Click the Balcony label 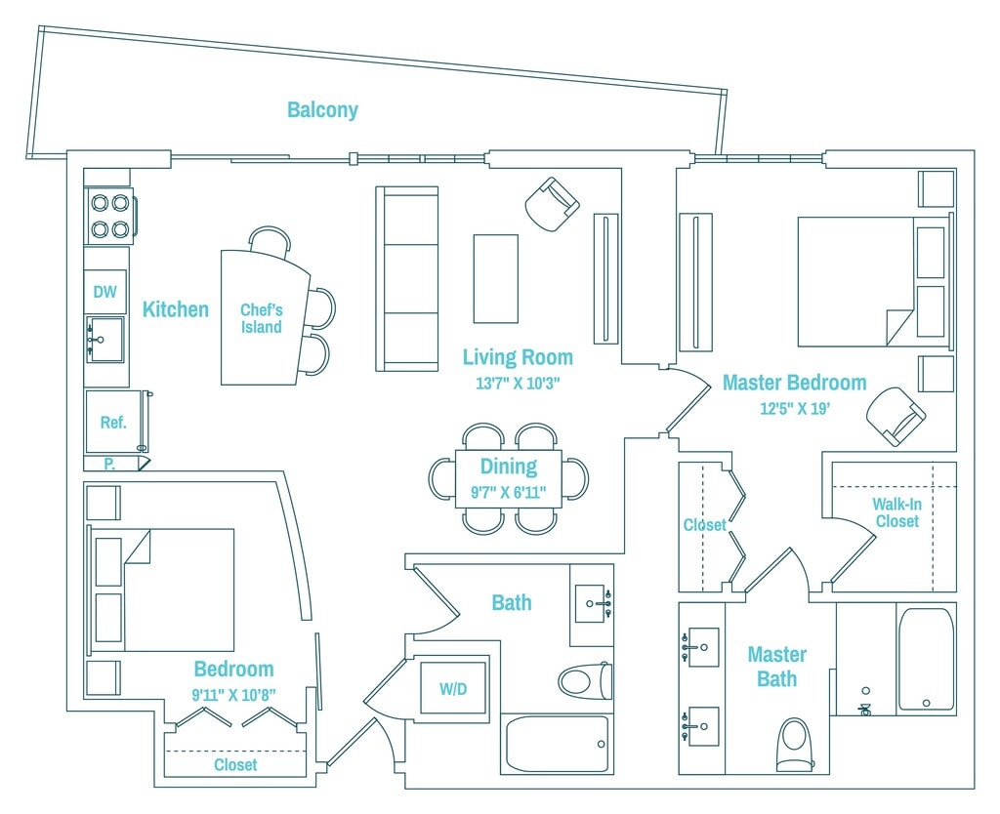click(322, 109)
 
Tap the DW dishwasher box click(105, 291)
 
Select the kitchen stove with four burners click(109, 216)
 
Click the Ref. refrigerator click(113, 422)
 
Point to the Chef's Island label click(262, 318)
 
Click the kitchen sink click(105, 339)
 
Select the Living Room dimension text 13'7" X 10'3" click(518, 384)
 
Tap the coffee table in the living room click(495, 278)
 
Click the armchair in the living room click(553, 203)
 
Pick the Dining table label click(508, 466)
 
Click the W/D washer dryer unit click(453, 688)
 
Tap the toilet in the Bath click(586, 681)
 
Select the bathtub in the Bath click(558, 744)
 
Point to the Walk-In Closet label click(897, 512)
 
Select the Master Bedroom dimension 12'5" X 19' click(795, 408)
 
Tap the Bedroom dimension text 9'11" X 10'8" click(234, 694)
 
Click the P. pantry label click(109, 464)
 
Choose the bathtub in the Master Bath click(926, 661)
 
